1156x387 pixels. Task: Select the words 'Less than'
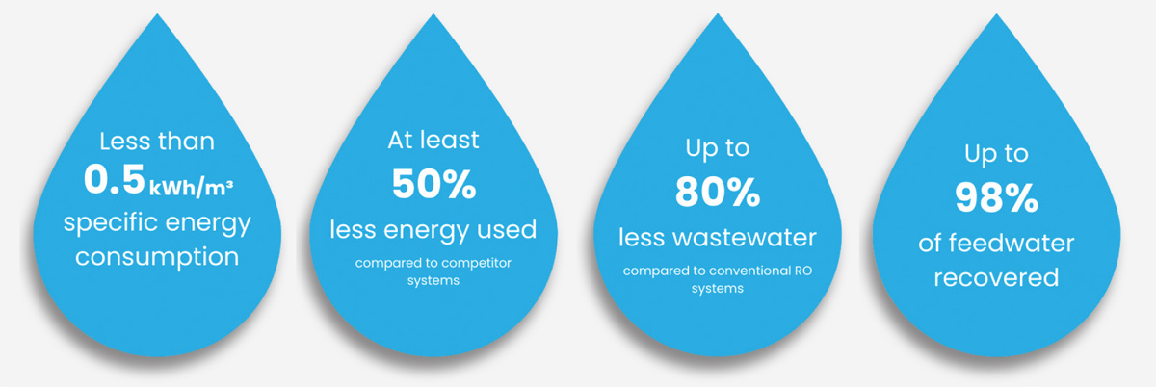pyautogui.click(x=157, y=142)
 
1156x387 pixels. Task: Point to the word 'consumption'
pyautogui.click(x=157, y=257)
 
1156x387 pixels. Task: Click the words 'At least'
pyautogui.click(x=433, y=142)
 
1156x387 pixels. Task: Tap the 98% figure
pyautogui.click(x=996, y=198)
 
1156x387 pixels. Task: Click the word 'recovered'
pyautogui.click(x=996, y=278)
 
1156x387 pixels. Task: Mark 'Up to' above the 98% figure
pyautogui.click(x=996, y=153)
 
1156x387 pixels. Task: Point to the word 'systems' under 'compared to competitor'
pyautogui.click(x=433, y=282)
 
